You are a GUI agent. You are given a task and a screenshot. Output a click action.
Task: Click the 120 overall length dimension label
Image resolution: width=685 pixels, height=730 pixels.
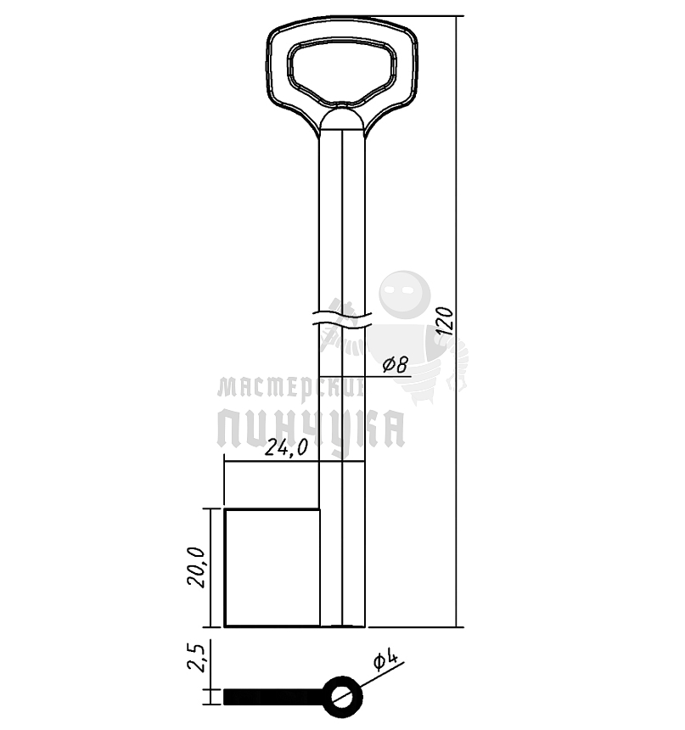[446, 321]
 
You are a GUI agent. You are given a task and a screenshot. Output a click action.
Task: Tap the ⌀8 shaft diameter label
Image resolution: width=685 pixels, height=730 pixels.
[396, 364]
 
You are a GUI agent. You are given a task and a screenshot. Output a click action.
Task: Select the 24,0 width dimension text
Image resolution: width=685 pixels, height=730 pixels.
[286, 448]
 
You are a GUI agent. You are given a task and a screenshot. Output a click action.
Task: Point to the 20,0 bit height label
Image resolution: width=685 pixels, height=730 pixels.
[196, 567]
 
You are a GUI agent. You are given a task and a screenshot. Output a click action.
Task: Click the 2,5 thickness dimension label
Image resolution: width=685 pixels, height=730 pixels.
[195, 657]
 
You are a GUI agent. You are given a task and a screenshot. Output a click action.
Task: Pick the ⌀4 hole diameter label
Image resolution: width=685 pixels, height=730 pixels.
[385, 660]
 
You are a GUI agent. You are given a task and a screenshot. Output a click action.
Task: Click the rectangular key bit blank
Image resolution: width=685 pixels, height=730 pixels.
[272, 568]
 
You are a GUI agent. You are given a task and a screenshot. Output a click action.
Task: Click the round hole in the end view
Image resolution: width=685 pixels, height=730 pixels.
[342, 697]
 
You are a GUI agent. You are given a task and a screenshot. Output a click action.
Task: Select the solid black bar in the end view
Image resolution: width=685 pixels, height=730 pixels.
[274, 697]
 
